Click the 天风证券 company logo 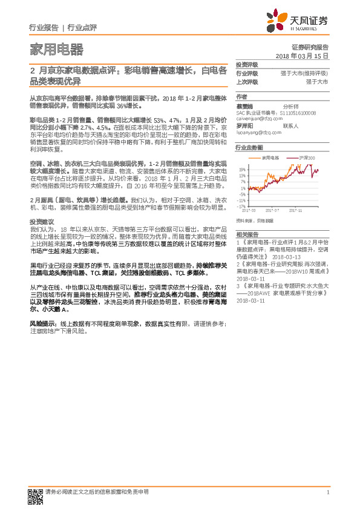pos(306,22)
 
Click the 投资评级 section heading pos(246,64)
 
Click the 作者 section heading pos(241,96)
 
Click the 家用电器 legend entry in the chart pos(270,156)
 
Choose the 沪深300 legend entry pos(306,156)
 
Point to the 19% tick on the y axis pos(242,170)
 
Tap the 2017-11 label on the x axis pos(295,211)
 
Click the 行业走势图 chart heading pos(249,148)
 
